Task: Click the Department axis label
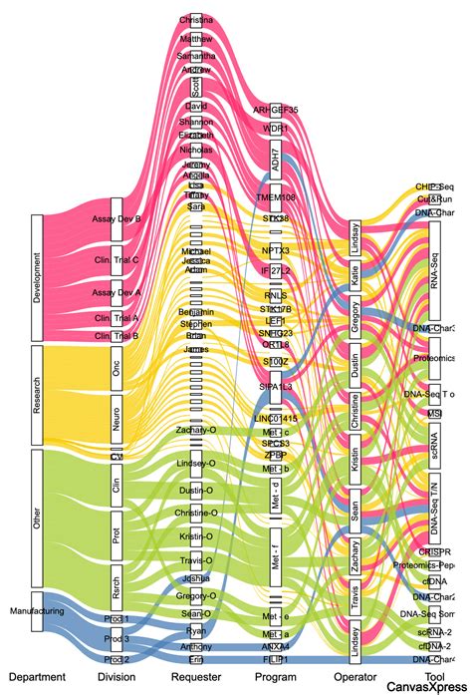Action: click(x=37, y=676)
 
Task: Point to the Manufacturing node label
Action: click(x=37, y=609)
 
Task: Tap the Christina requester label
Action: click(x=196, y=20)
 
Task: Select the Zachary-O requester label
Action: click(x=196, y=428)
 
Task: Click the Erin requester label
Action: click(x=196, y=660)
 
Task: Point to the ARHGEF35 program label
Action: click(x=276, y=110)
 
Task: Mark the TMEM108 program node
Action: click(x=276, y=196)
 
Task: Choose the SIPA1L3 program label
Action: click(x=276, y=384)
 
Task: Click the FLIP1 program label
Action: click(x=276, y=660)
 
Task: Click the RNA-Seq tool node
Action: click(x=433, y=266)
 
